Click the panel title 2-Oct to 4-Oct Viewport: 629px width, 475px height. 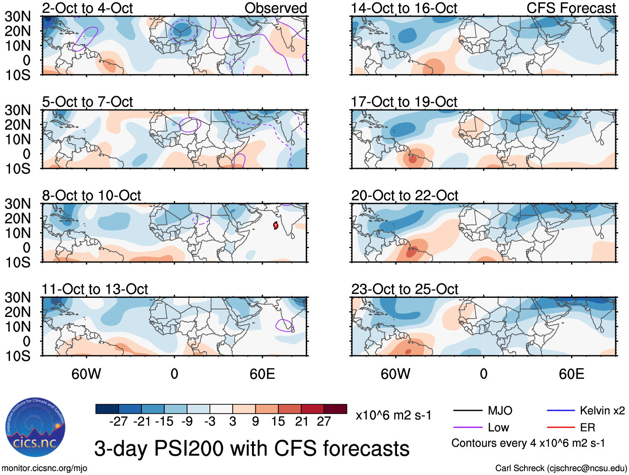tap(87, 8)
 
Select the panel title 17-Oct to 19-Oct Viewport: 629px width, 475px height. tap(404, 102)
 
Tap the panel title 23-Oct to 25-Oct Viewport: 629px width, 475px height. tap(404, 289)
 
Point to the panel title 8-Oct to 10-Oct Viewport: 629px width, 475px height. tap(92, 195)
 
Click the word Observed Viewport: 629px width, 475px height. tap(275, 8)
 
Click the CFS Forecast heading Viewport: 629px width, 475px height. tap(571, 8)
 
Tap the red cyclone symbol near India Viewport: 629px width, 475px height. tap(275, 225)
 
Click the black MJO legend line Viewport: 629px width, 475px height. tap(467, 411)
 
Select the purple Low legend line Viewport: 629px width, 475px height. tap(467, 427)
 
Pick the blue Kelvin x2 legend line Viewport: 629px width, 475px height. tap(561, 411)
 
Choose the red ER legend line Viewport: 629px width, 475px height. tap(561, 427)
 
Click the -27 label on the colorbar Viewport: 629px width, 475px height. tap(118, 422)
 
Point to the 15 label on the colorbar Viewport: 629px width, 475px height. tap(278, 422)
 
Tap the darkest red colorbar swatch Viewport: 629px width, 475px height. tap(335, 409)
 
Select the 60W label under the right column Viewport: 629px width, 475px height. tap(395, 374)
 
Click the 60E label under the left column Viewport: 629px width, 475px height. tap(262, 374)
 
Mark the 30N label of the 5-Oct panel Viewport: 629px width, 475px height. tap(18, 110)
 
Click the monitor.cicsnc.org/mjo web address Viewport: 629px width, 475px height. tap(45, 468)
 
